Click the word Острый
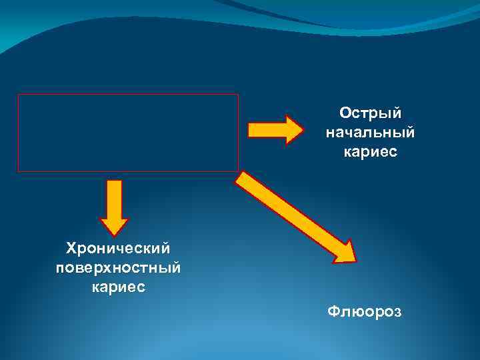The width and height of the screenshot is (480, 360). (x=370, y=113)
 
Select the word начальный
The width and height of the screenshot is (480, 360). (x=370, y=133)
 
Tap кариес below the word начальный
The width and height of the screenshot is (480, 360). (x=370, y=153)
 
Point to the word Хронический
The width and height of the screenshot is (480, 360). (x=118, y=249)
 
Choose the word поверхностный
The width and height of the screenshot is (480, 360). (x=118, y=269)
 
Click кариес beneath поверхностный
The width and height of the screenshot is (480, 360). (x=118, y=289)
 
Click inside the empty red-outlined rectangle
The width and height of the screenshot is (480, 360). (x=127, y=133)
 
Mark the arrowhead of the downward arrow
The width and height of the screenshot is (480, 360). (x=114, y=228)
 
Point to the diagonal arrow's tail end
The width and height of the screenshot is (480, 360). (x=241, y=177)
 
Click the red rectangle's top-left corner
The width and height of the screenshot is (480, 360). (x=18, y=95)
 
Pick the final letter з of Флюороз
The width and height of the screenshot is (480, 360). (x=398, y=312)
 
